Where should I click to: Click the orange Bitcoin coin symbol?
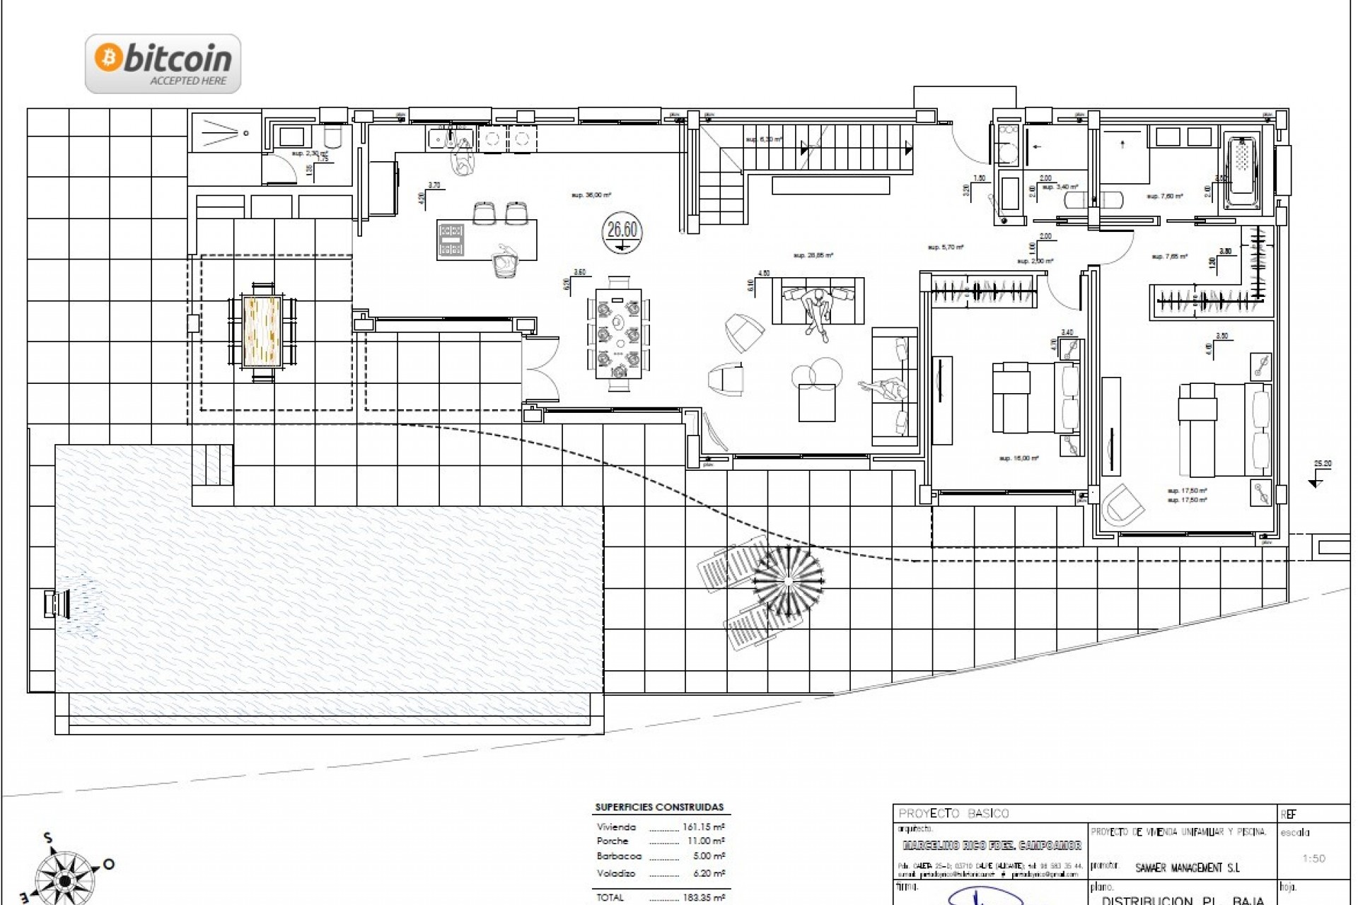pyautogui.click(x=109, y=59)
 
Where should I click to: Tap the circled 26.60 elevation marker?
pyautogui.click(x=622, y=230)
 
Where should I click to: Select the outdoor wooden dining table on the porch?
pyautogui.click(x=262, y=332)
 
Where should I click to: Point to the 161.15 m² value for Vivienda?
pyautogui.click(x=703, y=827)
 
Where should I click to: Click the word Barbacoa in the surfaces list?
pyautogui.click(x=619, y=856)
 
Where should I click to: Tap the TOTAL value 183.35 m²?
pyautogui.click(x=703, y=897)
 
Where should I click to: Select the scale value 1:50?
pyautogui.click(x=1313, y=858)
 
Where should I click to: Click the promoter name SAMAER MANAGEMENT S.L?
pyautogui.click(x=1188, y=868)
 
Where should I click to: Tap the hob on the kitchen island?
pyautogui.click(x=451, y=239)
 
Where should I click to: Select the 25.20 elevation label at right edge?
pyautogui.click(x=1322, y=465)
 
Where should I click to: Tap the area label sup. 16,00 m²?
pyautogui.click(x=1018, y=459)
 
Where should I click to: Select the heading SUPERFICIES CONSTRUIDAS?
pyautogui.click(x=659, y=807)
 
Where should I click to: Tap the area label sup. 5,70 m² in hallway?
pyautogui.click(x=946, y=247)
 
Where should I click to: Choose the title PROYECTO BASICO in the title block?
pyautogui.click(x=953, y=814)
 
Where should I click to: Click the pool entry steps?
pyautogui.click(x=213, y=465)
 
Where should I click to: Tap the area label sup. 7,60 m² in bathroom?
pyautogui.click(x=1164, y=197)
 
